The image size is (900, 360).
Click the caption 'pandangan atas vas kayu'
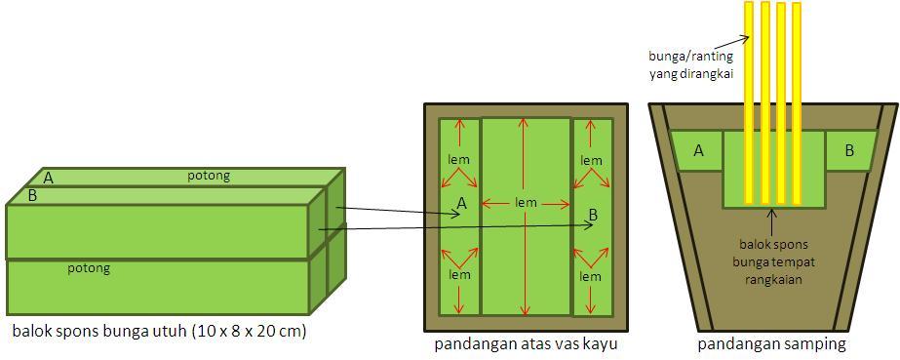[527, 344]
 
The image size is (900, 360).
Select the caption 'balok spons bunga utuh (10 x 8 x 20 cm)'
[159, 332]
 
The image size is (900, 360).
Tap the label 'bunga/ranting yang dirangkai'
[690, 63]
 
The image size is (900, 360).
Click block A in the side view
[698, 150]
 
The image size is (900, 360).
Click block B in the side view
[848, 150]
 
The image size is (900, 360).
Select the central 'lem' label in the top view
[527, 203]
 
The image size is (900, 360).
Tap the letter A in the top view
[461, 203]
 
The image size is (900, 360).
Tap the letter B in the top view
[592, 214]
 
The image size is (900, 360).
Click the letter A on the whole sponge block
[48, 178]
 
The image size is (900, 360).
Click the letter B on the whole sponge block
[32, 195]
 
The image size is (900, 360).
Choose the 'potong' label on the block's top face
[209, 176]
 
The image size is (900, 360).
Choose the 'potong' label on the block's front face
[88, 267]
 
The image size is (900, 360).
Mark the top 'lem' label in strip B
[591, 160]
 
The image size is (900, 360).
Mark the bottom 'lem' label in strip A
[459, 274]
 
